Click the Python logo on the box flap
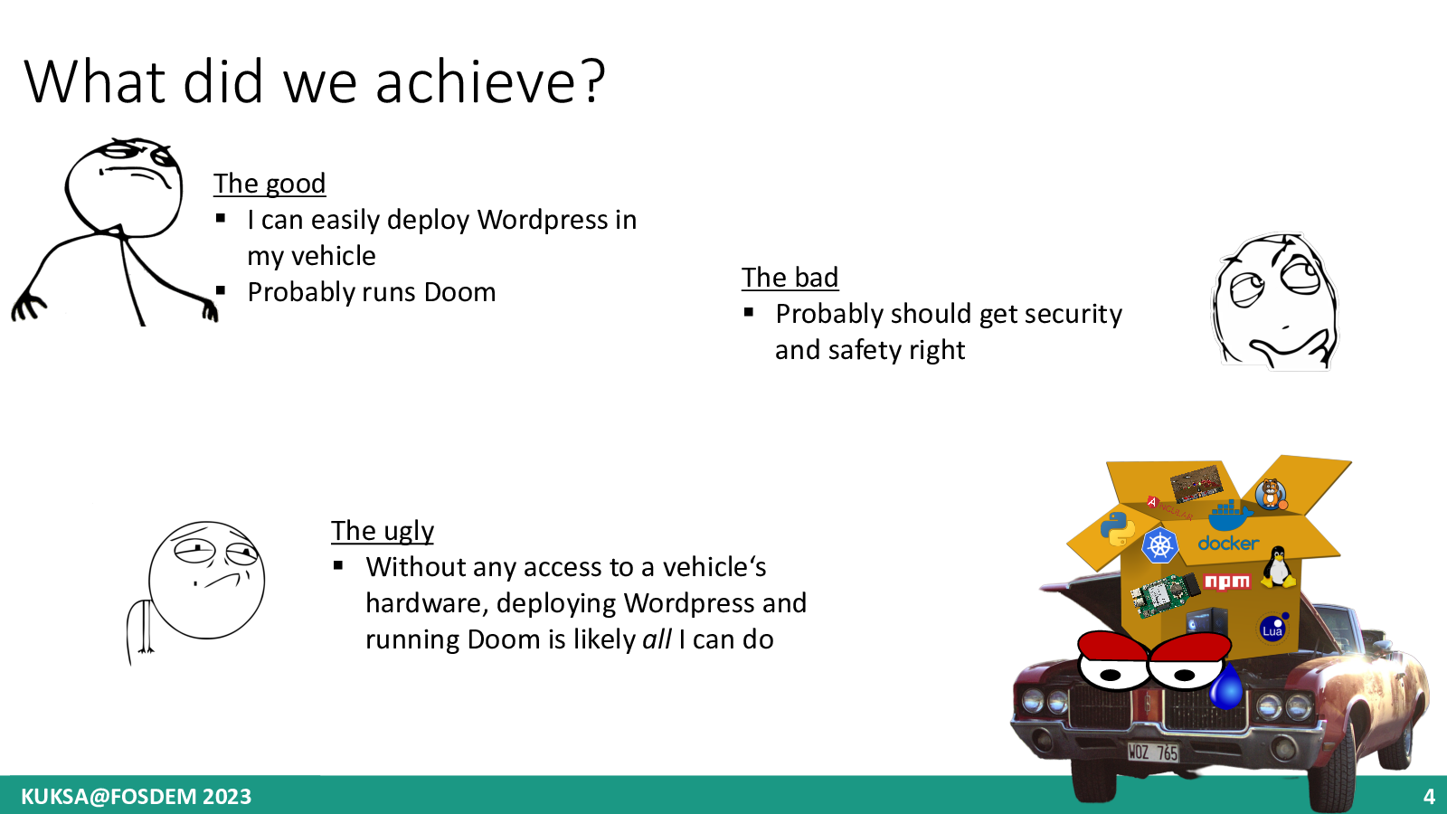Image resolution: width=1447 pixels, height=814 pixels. point(1118,528)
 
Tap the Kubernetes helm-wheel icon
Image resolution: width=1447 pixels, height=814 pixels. point(1159,545)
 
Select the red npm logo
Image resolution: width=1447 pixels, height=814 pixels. point(1226,582)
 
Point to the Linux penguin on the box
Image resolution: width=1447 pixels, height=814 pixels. point(1278,566)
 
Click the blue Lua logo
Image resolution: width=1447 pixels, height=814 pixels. point(1273,629)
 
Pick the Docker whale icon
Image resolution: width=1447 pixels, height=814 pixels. point(1230,515)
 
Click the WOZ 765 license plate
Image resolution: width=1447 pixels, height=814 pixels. point(1153,752)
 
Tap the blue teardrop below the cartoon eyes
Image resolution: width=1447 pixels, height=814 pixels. point(1225,686)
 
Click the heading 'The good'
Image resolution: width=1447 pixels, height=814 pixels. point(270,184)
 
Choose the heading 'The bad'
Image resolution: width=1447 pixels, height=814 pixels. point(790,277)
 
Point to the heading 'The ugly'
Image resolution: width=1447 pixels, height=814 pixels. point(383,531)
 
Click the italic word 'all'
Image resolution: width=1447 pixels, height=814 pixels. point(657,639)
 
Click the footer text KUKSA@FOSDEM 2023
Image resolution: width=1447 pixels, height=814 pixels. point(136,797)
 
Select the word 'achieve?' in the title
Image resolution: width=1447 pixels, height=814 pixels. point(490,81)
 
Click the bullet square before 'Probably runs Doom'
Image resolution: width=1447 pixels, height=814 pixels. point(221,290)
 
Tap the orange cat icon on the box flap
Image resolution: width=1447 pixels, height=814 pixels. point(1271,495)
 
